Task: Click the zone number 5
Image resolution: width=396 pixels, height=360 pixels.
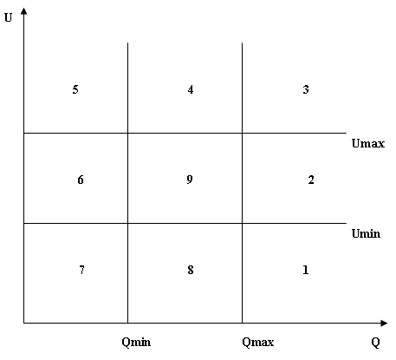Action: point(75,89)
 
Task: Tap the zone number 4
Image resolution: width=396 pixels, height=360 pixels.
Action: point(191,89)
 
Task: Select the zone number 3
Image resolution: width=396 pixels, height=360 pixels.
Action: point(306,89)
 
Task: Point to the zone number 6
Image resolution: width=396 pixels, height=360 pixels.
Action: point(81,180)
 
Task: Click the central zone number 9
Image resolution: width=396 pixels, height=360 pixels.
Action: point(190,180)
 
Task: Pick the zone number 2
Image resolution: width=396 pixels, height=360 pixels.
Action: point(311,180)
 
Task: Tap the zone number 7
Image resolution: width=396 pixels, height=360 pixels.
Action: point(82,270)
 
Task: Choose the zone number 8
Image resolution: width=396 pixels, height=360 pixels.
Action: point(191,270)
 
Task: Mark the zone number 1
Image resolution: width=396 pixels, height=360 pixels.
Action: point(306,270)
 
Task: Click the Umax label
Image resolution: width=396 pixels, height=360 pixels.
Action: point(368,143)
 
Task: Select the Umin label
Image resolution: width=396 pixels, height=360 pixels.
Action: point(366,233)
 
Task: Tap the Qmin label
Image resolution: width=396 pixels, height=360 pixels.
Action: point(136,343)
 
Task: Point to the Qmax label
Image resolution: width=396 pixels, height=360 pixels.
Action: point(258,343)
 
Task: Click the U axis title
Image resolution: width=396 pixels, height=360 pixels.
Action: point(8,18)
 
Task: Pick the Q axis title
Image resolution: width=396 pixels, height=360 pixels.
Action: point(375,343)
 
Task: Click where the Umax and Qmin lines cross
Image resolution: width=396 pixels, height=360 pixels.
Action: point(127,133)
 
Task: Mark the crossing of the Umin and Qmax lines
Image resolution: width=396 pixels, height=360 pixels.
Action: point(242,223)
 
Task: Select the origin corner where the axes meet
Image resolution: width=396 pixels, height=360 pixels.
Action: point(24,323)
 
